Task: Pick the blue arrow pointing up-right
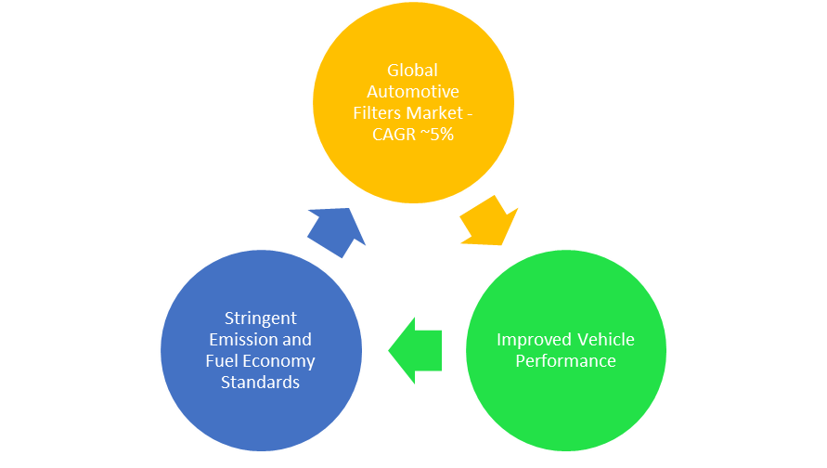336,231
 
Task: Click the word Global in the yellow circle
413,71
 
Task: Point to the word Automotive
413,92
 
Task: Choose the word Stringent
261,318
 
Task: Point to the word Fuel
222,360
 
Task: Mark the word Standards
261,382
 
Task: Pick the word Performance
565,360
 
